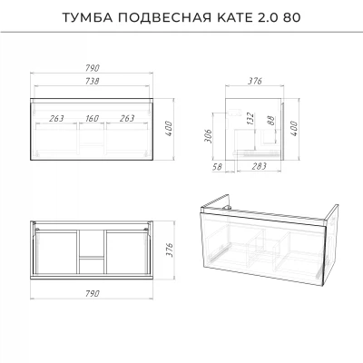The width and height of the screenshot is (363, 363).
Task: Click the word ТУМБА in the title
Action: tap(88, 17)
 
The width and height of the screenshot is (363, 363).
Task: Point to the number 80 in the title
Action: tap(292, 17)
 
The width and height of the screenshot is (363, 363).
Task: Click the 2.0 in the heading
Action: tap(268, 17)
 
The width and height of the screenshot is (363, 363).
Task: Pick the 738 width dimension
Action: tap(93, 81)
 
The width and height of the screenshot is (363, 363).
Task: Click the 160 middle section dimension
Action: tap(92, 118)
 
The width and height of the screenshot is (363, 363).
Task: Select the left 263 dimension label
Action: tap(56, 118)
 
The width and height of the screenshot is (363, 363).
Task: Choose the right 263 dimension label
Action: tap(127, 118)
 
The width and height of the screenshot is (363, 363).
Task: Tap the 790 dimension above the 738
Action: tap(93, 68)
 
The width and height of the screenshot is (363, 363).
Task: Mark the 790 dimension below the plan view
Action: tap(93, 293)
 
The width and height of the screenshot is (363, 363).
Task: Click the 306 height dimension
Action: tap(209, 136)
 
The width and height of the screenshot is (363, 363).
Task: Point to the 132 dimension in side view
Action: tap(250, 119)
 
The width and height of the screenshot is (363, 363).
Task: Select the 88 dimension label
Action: tap(270, 121)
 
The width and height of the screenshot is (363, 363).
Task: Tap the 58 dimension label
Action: tap(217, 167)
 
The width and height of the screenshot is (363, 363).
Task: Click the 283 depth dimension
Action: tap(260, 166)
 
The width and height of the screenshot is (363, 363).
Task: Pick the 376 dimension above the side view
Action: tap(255, 81)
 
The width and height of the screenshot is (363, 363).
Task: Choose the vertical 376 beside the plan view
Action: tap(170, 250)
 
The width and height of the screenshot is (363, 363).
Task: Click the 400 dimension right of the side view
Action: tap(294, 129)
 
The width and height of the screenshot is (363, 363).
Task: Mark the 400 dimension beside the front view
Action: tap(169, 129)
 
